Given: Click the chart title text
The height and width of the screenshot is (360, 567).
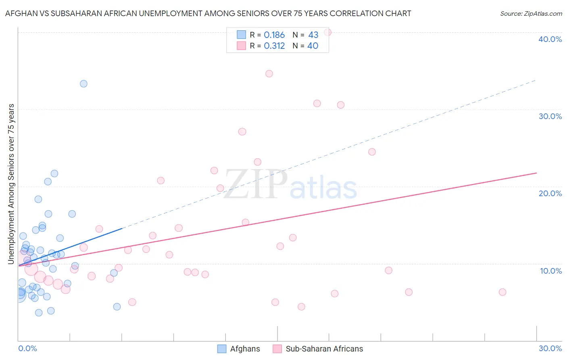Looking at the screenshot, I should click(208, 13).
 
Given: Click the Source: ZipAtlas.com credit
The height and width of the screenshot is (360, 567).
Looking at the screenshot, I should click(531, 13).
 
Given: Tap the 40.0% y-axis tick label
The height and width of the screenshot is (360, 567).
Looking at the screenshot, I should click(550, 39).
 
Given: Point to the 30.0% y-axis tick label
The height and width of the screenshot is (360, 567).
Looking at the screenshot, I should click(550, 116).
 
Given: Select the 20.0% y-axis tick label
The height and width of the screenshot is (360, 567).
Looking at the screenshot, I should click(550, 193).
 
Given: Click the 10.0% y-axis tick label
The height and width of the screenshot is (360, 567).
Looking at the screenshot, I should click(551, 271).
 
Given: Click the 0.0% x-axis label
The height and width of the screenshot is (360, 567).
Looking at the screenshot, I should click(27, 348).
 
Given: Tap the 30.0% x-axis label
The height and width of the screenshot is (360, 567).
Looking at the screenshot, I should click(550, 348).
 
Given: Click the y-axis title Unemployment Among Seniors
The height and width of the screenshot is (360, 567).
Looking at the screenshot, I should click(11, 184).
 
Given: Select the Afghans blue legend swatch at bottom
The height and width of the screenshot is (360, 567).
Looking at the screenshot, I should click(222, 349).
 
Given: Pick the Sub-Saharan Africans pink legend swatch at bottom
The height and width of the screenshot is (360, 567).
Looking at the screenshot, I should click(277, 349).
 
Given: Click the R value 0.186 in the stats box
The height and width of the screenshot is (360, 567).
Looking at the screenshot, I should click(274, 35).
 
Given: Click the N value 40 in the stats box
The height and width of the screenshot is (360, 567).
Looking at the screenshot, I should click(313, 46).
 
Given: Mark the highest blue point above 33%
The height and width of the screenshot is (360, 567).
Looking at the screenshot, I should click(83, 84).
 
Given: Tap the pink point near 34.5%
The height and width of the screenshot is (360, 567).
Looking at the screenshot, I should click(269, 74).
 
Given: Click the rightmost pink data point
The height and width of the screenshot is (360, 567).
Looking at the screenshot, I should click(502, 292).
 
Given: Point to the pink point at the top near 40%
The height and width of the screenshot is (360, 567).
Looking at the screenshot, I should click(327, 32).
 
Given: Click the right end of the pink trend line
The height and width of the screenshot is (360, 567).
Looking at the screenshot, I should click(536, 173).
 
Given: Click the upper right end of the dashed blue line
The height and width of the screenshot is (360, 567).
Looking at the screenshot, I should click(536, 80).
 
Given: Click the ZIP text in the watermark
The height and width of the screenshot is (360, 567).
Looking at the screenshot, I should click(256, 184).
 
